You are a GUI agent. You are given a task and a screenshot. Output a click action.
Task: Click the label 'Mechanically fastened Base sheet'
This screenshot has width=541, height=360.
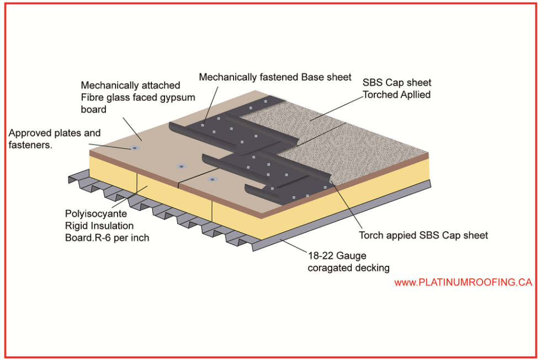[275, 77]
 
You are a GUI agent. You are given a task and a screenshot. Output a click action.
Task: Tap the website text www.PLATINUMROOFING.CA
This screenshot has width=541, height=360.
[463, 282]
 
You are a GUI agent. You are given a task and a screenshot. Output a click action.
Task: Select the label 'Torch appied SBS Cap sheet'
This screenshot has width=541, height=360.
[423, 235]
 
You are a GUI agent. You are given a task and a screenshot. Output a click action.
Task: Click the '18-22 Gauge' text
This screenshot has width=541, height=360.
[337, 256]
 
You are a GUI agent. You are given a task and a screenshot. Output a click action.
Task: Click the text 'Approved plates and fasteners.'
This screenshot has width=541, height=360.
[54, 139]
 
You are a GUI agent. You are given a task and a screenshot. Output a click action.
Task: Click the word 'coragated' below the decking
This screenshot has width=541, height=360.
[330, 268]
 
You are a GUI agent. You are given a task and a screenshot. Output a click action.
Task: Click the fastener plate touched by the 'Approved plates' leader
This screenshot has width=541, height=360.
[134, 148]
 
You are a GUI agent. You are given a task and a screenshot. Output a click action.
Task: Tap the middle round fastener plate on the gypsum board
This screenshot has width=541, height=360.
[181, 166]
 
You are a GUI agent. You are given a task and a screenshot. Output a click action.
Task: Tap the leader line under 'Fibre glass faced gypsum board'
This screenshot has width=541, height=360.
[132, 127]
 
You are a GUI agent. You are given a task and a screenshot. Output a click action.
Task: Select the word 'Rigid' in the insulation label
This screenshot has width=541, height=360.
[79, 225]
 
